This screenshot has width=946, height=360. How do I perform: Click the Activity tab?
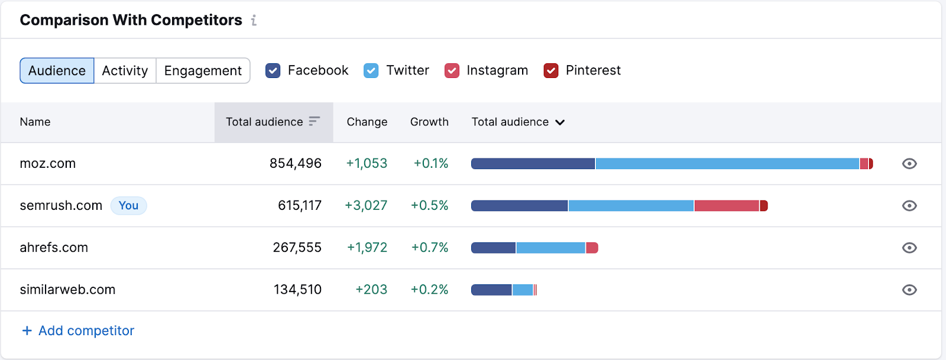125,71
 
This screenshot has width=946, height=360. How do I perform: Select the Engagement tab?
203,71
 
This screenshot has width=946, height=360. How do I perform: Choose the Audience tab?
57,71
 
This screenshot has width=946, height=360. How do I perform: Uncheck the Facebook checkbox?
273,71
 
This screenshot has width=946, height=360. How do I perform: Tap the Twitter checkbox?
371,71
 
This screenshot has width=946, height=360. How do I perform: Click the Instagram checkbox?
452,71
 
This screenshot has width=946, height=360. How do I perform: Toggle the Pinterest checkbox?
551,71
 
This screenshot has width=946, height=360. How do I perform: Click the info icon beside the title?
254,21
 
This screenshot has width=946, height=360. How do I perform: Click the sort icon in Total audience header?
314,121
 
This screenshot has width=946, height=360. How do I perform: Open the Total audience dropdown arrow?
560,122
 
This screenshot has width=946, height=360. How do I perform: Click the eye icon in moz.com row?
909,164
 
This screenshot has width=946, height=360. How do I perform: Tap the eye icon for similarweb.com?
909,290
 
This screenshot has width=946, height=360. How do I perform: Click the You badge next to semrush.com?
128,206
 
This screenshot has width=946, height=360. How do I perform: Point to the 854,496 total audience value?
295,164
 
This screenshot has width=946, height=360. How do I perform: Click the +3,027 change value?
366,206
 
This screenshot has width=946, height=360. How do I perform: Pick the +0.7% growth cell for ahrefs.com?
430,248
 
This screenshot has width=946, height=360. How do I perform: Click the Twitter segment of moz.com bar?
727,164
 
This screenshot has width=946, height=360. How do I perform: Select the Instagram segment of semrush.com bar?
727,206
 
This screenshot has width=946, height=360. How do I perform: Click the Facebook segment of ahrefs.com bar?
493,248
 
